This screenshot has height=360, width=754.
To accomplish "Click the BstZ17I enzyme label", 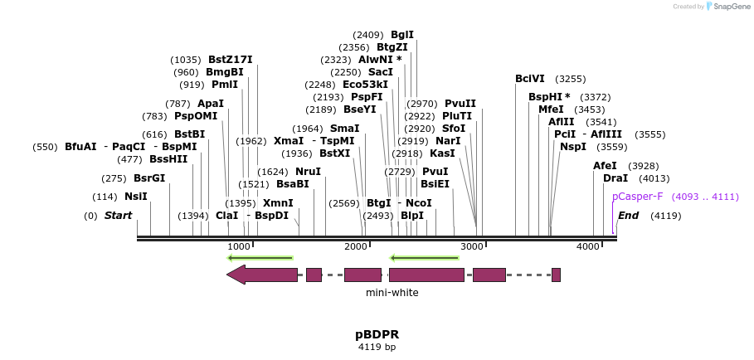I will click(230, 60).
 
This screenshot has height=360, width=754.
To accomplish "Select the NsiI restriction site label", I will click(135, 197).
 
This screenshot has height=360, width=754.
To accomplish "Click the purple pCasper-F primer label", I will click(637, 197).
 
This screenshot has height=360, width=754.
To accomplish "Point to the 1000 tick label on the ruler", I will click(238, 246).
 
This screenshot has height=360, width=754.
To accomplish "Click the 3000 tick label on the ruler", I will click(471, 246).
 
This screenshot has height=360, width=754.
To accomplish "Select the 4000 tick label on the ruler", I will click(587, 246).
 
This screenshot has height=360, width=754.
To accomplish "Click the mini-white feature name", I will click(392, 293).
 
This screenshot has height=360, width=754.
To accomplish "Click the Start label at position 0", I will click(118, 216).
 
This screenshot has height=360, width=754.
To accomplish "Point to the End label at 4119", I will click(628, 216).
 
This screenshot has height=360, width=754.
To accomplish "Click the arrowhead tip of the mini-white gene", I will click(230, 275).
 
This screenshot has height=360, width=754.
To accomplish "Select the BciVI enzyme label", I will click(529, 79).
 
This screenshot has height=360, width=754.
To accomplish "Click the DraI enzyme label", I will click(615, 178).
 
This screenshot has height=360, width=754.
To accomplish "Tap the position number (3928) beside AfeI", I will click(643, 166).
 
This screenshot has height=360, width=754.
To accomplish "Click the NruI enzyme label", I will click(308, 172).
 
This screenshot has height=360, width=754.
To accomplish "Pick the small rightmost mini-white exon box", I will click(556, 275).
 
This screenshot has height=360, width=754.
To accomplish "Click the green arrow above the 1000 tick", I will click(260, 258).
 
